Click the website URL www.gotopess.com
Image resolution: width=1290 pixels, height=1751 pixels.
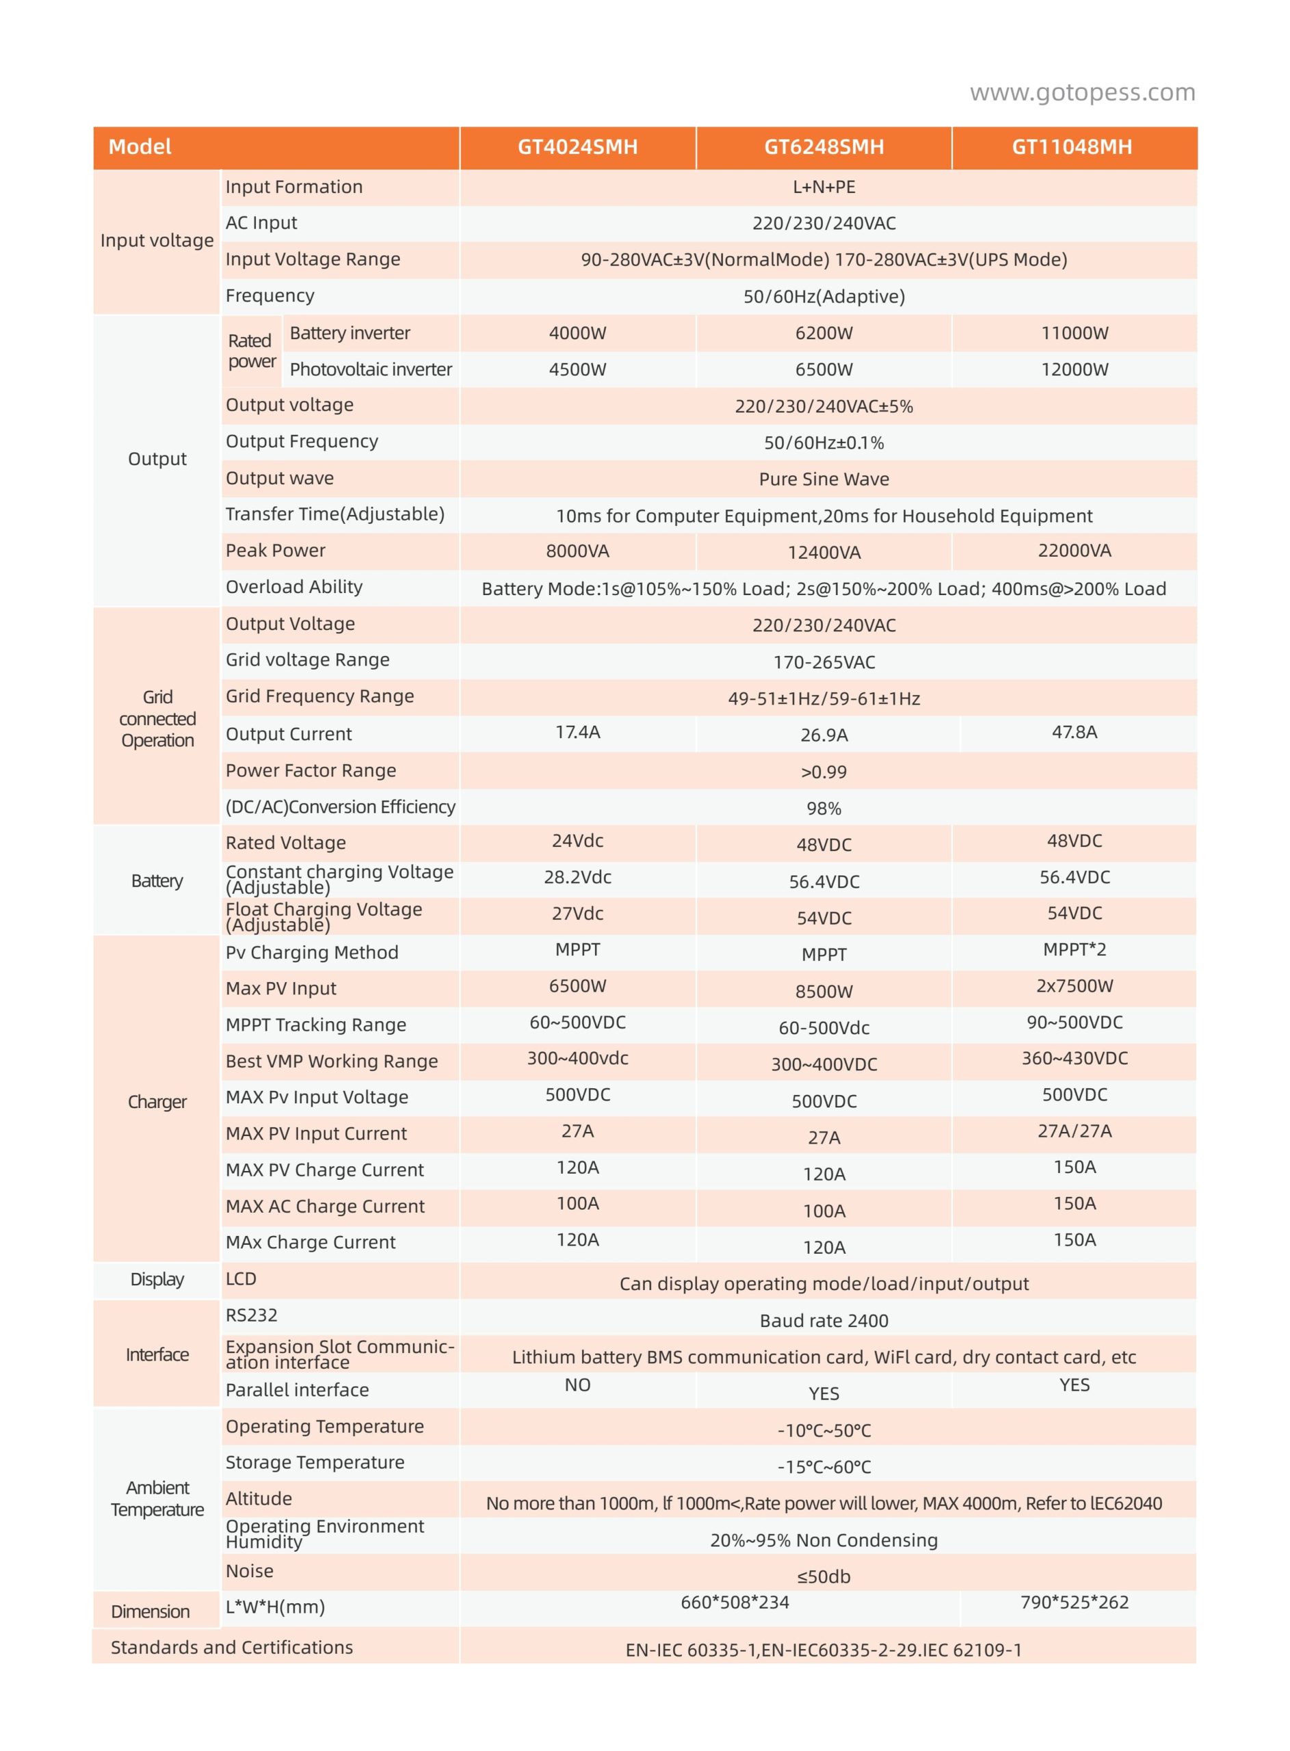[1081, 93]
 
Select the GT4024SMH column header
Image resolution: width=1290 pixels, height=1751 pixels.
[577, 147]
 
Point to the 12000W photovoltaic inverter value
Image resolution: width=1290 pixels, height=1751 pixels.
[1074, 370]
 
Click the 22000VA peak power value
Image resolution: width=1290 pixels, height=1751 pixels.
[1074, 551]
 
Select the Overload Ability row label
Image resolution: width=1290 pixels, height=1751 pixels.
[294, 587]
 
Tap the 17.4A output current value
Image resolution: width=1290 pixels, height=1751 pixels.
[577, 733]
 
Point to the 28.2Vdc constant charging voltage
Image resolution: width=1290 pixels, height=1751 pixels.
[577, 878]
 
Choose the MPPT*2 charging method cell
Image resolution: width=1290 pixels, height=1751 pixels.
[1074, 950]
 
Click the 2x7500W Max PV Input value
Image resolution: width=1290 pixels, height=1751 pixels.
[1074, 986]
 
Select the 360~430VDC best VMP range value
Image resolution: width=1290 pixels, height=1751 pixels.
[1074, 1059]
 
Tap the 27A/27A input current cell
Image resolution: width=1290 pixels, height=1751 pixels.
[1074, 1131]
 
